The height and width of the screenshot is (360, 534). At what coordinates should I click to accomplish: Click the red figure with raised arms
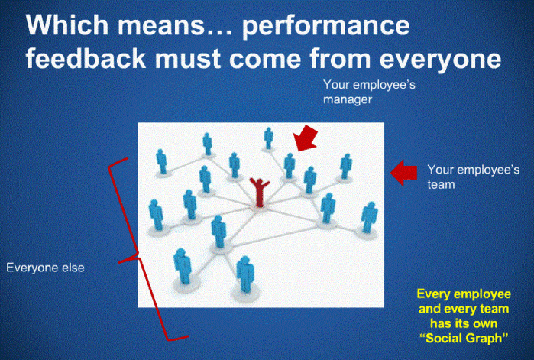pos(260,193)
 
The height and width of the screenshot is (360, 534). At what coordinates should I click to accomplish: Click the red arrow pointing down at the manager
pos(306,138)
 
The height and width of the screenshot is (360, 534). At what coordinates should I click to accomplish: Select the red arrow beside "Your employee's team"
pos(403,173)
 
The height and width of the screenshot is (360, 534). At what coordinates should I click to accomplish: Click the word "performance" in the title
pos(325,26)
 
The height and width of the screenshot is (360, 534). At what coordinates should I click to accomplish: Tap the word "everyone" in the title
pos(440,60)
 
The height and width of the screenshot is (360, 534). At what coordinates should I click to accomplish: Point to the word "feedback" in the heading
pos(86,58)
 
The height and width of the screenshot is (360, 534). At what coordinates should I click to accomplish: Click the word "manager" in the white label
pos(348,100)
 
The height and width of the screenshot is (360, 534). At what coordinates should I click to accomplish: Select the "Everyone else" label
pos(45,268)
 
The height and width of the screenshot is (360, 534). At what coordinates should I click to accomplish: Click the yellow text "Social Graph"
pos(464,338)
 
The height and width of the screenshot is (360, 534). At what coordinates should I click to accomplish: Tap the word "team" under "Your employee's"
pos(441,185)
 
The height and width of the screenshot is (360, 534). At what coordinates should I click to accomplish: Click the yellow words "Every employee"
pos(464,294)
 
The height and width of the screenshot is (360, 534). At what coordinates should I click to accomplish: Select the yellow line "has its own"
pos(464,323)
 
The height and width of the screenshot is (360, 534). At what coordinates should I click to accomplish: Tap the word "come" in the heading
pos(265,60)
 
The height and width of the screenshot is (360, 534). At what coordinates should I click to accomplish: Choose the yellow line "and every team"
pos(464,309)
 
